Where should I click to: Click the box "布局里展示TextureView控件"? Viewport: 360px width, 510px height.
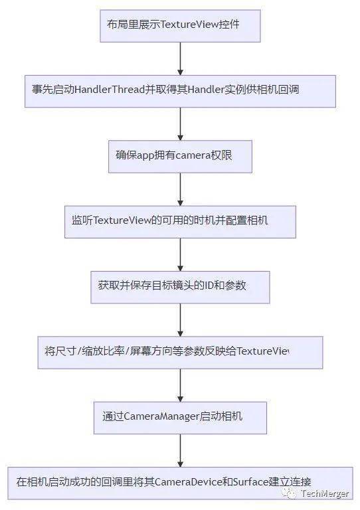coord(180,26)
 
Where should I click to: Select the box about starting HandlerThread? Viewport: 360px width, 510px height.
coord(180,91)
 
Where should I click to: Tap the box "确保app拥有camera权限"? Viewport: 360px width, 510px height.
coord(180,157)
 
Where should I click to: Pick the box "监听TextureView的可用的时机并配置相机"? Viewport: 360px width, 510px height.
coord(180,222)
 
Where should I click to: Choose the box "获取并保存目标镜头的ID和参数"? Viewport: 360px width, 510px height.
coord(180,287)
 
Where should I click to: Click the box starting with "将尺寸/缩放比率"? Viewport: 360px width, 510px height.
coord(180,353)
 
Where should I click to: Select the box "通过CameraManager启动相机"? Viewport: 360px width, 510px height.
coord(180,418)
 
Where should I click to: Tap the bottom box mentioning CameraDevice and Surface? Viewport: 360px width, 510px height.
coord(180,483)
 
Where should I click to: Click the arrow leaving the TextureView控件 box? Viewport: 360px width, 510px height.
coord(180,58)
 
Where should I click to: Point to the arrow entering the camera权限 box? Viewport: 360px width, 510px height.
coord(180,124)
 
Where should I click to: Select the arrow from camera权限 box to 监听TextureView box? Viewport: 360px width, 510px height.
coord(180,189)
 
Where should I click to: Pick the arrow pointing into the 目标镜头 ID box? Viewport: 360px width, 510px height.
coord(180,255)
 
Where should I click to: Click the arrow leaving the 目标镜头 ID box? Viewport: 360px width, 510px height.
coord(180,320)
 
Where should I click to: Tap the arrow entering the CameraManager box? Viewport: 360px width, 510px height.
coord(180,385)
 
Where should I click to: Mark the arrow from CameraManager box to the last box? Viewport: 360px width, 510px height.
coord(180,451)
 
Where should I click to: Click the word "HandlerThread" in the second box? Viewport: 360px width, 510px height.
coord(110,90)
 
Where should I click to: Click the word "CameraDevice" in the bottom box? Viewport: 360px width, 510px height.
coord(188,481)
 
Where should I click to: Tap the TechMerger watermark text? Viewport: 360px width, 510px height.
coord(325,493)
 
